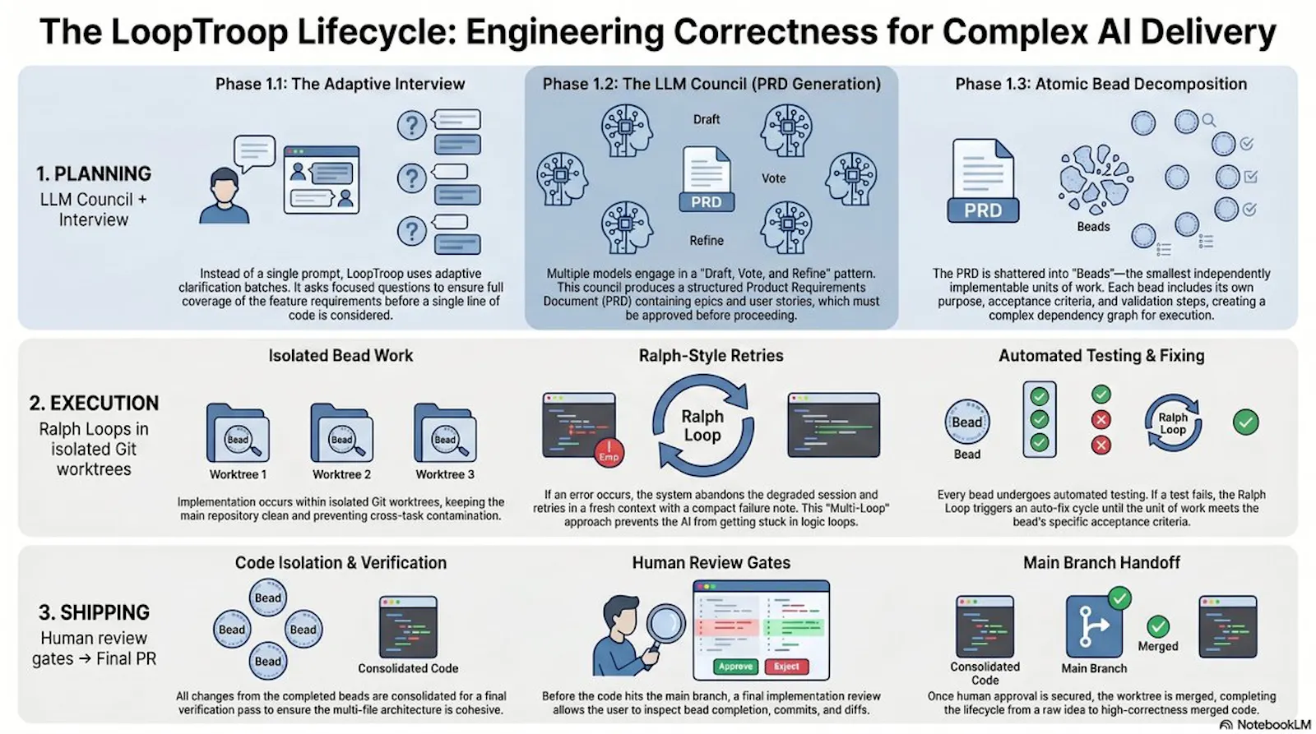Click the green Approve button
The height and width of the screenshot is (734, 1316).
click(735, 667)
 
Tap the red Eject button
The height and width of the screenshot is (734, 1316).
click(786, 667)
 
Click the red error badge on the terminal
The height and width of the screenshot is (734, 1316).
click(609, 453)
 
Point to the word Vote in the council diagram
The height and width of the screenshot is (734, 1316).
click(773, 178)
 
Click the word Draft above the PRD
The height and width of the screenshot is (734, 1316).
click(707, 120)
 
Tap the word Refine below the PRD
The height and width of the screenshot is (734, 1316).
click(707, 240)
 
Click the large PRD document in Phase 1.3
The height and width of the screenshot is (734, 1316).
click(983, 181)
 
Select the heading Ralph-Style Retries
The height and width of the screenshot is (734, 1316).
click(711, 356)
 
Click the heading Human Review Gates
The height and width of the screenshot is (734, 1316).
click(711, 562)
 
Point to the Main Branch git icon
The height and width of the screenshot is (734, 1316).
click(1094, 626)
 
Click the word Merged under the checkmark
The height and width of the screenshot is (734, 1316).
click(1158, 646)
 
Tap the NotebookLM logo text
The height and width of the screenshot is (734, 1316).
click(1273, 725)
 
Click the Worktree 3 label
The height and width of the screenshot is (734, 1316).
click(445, 474)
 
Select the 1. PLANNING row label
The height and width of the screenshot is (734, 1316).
click(94, 173)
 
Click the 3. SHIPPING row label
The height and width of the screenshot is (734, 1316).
click(94, 612)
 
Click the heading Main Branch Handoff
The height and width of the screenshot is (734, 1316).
click(1101, 562)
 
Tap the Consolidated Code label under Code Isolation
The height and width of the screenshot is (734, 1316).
click(408, 668)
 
